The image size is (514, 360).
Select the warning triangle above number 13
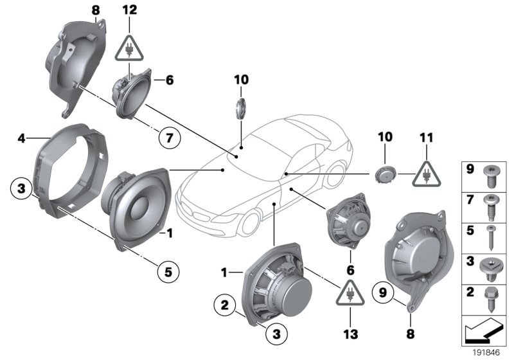(x=349, y=293)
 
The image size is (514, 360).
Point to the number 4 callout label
(x=21, y=138)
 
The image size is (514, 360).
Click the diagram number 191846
(x=485, y=352)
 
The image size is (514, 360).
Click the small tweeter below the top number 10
(x=241, y=107)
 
